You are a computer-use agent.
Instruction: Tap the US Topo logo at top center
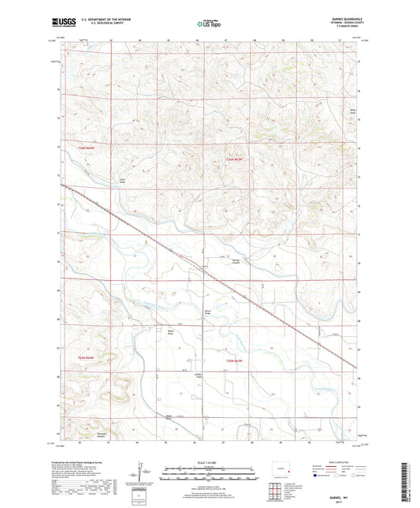[x=208, y=25]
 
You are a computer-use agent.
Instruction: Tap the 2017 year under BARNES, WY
[x=344, y=495]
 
